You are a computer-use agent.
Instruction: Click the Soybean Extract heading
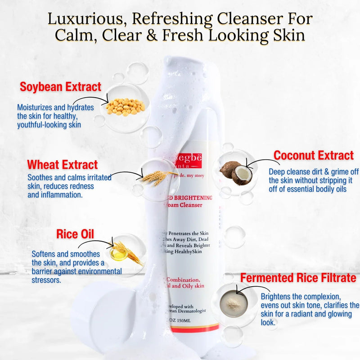click(60, 87)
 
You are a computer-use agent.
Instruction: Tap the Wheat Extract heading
click(62, 165)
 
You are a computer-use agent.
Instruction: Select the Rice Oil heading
click(75, 234)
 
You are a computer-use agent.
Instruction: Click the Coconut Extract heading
click(314, 156)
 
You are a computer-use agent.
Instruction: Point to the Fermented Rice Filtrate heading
click(298, 278)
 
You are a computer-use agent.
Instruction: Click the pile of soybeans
click(126, 107)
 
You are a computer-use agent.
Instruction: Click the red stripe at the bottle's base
click(189, 329)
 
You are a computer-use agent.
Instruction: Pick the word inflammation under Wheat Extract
click(60, 195)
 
